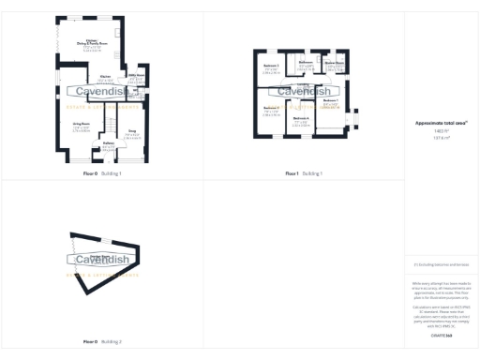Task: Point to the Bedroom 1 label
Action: (330, 100)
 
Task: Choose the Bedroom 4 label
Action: (301, 120)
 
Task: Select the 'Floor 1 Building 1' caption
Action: (304, 173)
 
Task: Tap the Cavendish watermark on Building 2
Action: (101, 259)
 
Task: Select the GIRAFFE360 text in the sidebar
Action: (441, 335)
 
